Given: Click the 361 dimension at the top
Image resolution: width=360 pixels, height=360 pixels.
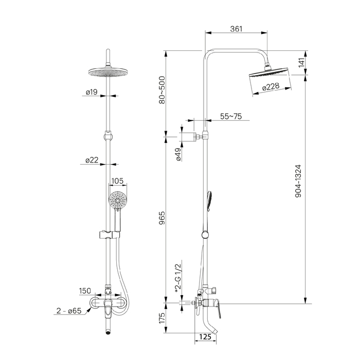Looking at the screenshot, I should pyautogui.click(x=237, y=29).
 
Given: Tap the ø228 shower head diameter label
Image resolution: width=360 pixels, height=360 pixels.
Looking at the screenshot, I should pyautogui.click(x=271, y=87).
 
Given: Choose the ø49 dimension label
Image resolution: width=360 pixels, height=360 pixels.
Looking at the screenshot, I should pyautogui.click(x=178, y=155).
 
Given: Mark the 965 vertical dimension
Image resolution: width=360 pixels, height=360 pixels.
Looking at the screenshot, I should pyautogui.click(x=163, y=219).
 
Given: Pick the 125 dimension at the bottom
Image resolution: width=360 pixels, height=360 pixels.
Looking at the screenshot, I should pyautogui.click(x=206, y=337).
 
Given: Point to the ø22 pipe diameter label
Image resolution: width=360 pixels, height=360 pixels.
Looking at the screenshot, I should pyautogui.click(x=92, y=160).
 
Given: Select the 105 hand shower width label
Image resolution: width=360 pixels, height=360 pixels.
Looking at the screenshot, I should pyautogui.click(x=118, y=181).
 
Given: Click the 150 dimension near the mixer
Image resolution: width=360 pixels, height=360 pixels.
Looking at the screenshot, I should pyautogui.click(x=85, y=292).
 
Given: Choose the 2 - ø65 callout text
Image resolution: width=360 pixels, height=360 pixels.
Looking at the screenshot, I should pyautogui.click(x=70, y=311).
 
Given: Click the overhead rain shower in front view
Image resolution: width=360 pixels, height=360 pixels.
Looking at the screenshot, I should pyautogui.click(x=108, y=73).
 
